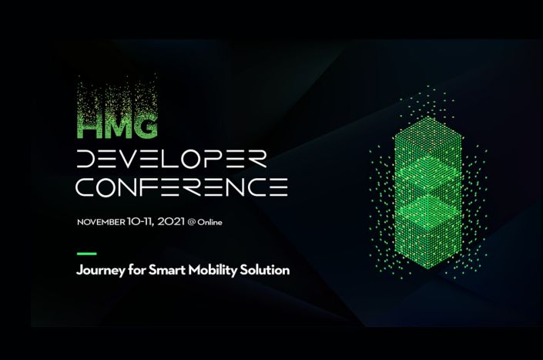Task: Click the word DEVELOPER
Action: (172, 159)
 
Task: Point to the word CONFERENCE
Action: (182, 187)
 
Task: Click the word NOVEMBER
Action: (101, 222)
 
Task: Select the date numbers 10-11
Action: (140, 222)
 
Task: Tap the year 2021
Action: (171, 221)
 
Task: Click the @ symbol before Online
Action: (192, 222)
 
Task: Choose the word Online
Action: (209, 222)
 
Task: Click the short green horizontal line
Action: (86, 254)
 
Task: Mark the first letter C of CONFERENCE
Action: (85, 187)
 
